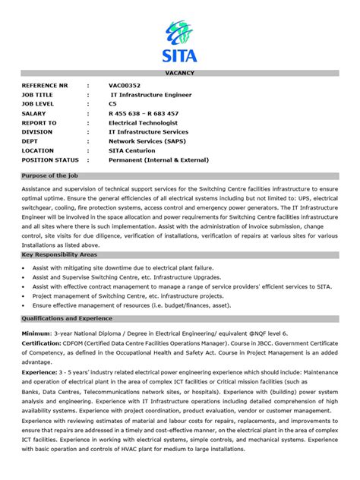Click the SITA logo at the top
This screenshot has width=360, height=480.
179,41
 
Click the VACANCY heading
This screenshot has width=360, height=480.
180,72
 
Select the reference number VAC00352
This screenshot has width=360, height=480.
125,86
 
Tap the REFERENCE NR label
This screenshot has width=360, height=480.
45,86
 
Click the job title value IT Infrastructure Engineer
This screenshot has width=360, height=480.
151,95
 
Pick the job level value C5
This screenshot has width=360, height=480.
112,104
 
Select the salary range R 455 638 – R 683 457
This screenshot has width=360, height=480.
144,113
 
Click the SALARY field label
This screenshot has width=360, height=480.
34,113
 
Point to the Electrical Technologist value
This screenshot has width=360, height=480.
143,122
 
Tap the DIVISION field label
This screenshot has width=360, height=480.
37,131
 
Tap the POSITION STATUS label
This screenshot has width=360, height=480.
50,159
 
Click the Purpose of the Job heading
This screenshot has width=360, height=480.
52,175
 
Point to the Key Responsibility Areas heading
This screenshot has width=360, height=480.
60,256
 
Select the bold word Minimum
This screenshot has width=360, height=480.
36,333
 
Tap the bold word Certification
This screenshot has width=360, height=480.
42,343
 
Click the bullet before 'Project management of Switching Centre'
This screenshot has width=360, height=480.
26,296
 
